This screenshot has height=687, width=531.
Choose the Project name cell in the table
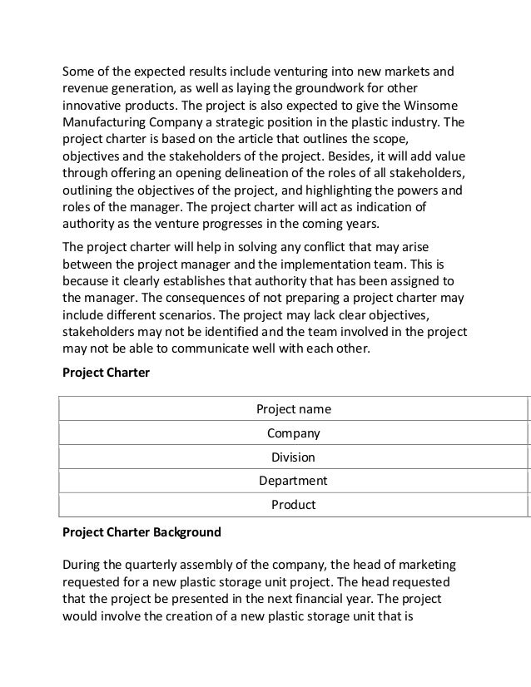click(x=293, y=409)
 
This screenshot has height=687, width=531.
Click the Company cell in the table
click(x=293, y=433)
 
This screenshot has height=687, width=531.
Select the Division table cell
click(x=293, y=457)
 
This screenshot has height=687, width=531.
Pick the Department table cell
click(x=293, y=481)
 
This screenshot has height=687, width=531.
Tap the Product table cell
click(x=293, y=505)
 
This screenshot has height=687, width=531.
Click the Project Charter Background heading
click(x=142, y=531)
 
